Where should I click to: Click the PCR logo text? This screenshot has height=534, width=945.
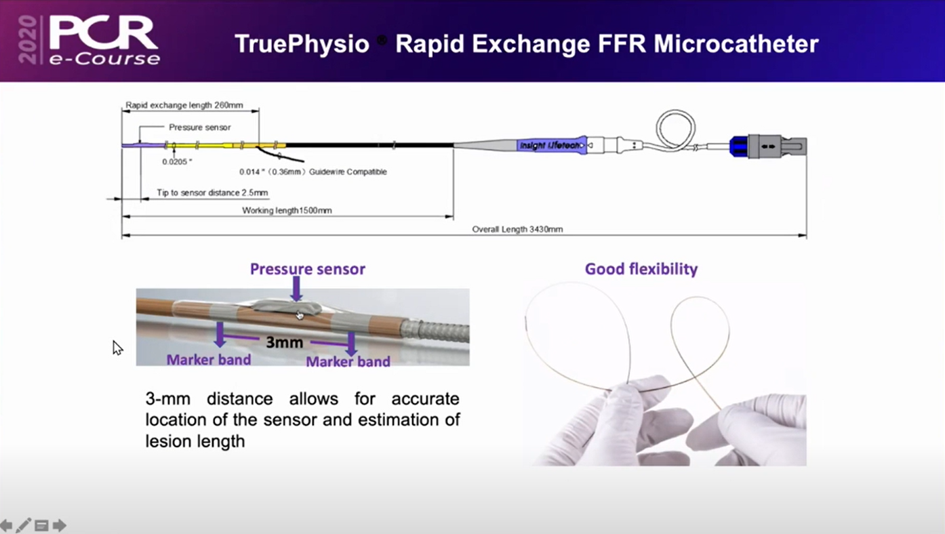coord(103,33)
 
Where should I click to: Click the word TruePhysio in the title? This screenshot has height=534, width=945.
coord(302,44)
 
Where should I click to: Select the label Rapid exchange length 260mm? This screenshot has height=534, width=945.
coord(184,105)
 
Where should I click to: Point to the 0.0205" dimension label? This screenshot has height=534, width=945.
coord(177,161)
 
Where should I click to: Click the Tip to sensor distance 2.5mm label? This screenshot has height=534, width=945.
coord(212,192)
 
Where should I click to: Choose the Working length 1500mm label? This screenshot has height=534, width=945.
coord(287,210)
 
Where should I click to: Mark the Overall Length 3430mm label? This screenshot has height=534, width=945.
coord(517,229)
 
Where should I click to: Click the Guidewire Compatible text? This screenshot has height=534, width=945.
coord(348,171)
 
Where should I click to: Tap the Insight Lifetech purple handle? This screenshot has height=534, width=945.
coord(551,146)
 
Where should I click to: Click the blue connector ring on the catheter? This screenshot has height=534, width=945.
coord(739,146)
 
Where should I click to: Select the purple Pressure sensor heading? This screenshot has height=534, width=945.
coord(308,269)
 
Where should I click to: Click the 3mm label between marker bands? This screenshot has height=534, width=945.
coord(284,342)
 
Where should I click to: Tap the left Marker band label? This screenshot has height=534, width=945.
coord(209,360)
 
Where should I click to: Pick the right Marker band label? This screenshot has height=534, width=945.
coord(348,361)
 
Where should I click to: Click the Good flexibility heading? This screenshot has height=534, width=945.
coord(641,269)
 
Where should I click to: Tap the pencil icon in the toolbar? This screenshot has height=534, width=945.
coord(23,525)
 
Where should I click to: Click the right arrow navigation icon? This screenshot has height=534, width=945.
coord(59,525)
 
